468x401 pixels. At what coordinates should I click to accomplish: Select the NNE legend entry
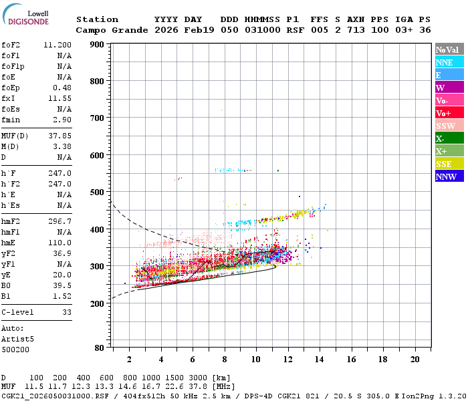coord(449,62)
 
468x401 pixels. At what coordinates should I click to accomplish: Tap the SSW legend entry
coord(449,126)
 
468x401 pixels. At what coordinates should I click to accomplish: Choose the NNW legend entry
coord(449,176)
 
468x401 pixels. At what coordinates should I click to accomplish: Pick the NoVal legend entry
coord(449,49)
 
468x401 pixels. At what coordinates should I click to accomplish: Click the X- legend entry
coord(449,138)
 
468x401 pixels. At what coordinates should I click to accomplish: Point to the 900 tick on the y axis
coord(98,45)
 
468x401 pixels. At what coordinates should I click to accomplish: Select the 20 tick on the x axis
coord(415,359)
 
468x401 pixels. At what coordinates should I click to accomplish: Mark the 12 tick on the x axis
coord(287,359)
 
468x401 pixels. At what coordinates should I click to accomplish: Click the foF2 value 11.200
coord(57,44)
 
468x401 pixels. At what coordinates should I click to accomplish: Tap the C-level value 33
coord(66,312)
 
